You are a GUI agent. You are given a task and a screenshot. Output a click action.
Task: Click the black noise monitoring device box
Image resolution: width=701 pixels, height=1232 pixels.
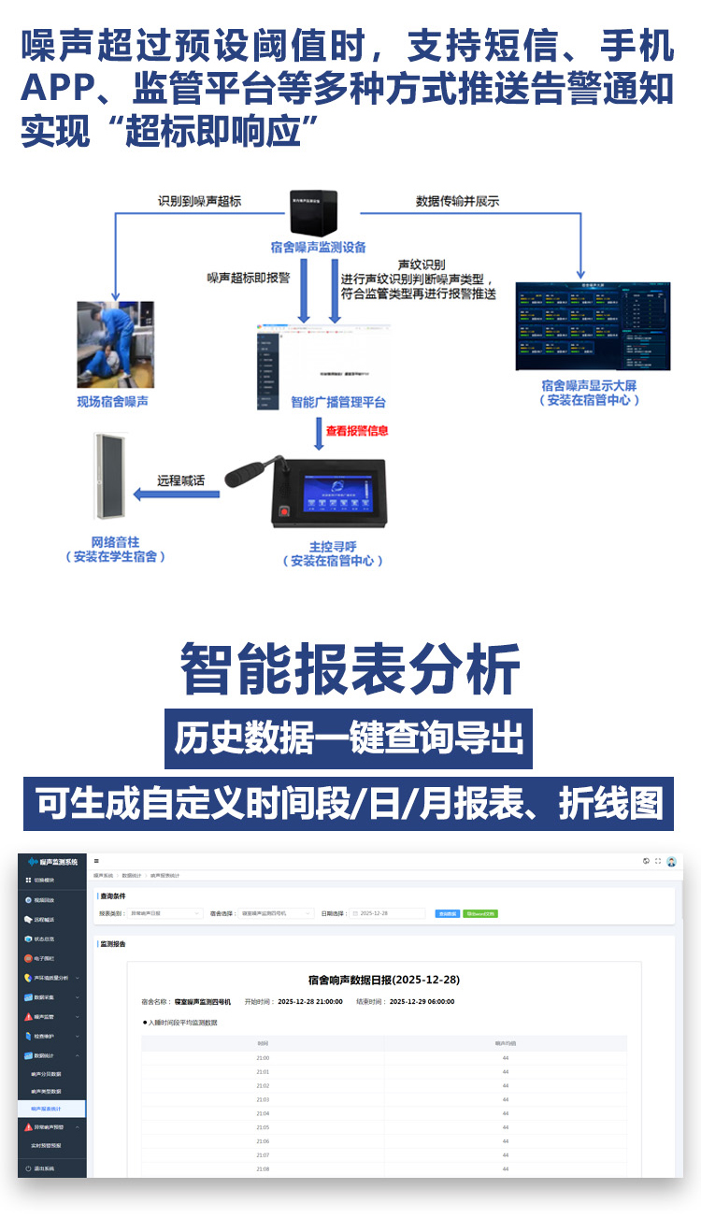point(312,213)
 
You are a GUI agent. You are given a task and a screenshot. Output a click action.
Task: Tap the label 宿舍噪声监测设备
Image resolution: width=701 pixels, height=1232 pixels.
point(318,248)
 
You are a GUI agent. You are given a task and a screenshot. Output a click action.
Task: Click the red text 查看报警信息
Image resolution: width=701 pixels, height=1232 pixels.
point(356,431)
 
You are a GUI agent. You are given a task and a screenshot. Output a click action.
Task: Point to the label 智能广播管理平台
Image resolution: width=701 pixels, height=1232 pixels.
point(338,402)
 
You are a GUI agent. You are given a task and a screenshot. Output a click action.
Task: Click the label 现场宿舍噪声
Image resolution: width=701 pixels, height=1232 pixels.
point(113,402)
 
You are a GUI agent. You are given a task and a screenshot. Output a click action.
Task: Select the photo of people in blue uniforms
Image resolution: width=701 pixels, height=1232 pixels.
point(115,344)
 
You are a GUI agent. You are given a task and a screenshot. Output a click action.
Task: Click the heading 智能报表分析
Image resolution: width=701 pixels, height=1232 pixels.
point(350,668)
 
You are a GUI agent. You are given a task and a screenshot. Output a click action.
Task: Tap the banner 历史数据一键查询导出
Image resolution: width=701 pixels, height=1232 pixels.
point(349,738)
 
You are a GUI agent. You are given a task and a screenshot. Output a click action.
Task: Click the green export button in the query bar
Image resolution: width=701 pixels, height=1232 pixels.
point(480,913)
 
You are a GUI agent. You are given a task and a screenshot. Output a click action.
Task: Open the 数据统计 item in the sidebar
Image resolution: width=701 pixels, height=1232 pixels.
point(47,1055)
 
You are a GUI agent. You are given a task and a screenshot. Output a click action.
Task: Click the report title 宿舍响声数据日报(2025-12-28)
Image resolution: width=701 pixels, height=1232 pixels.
point(383,980)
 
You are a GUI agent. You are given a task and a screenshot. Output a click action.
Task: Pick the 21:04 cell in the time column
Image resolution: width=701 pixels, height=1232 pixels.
point(263,1113)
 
